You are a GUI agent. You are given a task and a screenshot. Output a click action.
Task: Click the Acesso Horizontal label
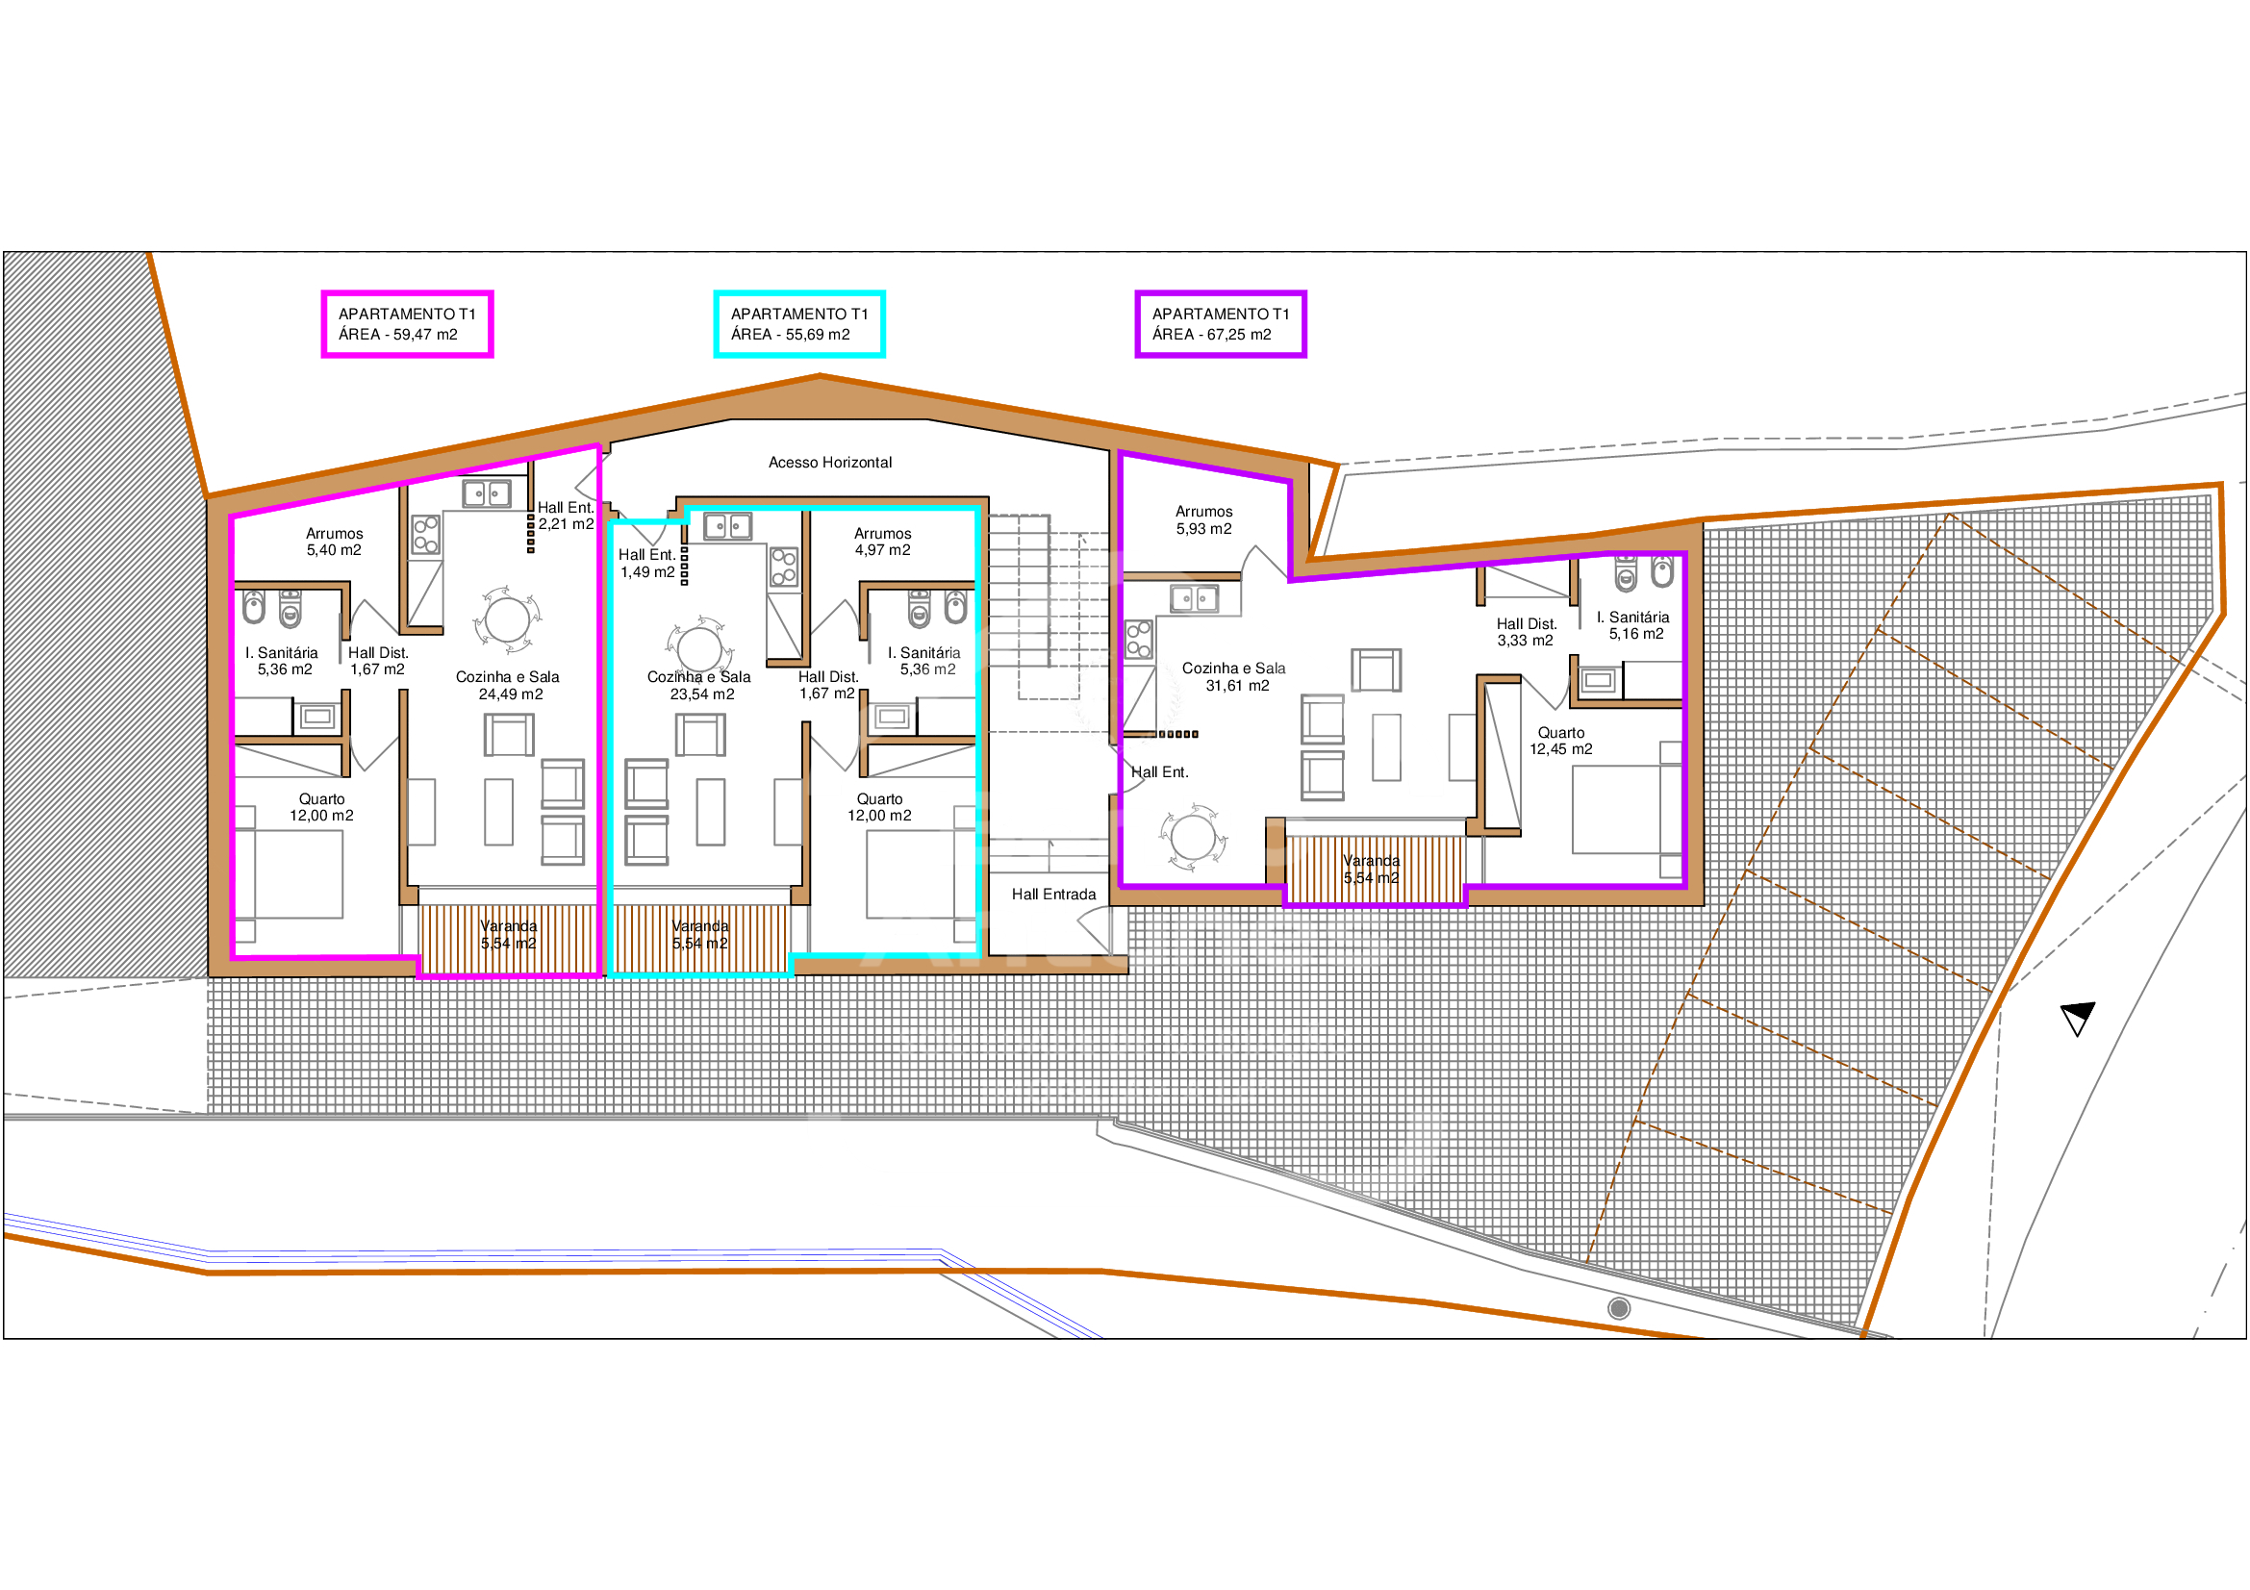point(830,463)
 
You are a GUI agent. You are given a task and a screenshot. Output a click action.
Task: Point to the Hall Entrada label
point(1053,895)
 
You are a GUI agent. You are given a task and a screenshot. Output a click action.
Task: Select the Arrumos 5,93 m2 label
point(1204,520)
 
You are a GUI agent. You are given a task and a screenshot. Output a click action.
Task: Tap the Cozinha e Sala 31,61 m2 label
point(1234,677)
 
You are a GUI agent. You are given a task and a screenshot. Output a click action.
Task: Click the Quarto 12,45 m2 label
point(1561,741)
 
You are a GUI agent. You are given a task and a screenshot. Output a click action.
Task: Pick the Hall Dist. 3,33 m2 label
point(1526,632)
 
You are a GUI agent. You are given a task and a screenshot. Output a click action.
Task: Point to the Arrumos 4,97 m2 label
point(883,542)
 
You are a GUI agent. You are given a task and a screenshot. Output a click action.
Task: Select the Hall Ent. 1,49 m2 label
point(646,564)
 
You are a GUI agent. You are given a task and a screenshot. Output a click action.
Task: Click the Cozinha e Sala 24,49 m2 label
point(508,686)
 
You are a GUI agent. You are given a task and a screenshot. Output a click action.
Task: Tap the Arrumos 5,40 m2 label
point(334,542)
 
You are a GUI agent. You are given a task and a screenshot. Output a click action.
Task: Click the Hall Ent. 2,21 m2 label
point(566,516)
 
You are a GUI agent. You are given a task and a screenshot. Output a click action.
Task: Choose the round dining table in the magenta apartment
point(508,619)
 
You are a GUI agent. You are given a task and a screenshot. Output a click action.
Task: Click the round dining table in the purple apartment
point(1193,838)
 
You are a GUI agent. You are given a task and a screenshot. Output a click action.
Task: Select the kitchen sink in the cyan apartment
point(728,527)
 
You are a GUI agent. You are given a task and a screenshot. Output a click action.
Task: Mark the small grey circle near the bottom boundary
point(1619,1308)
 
